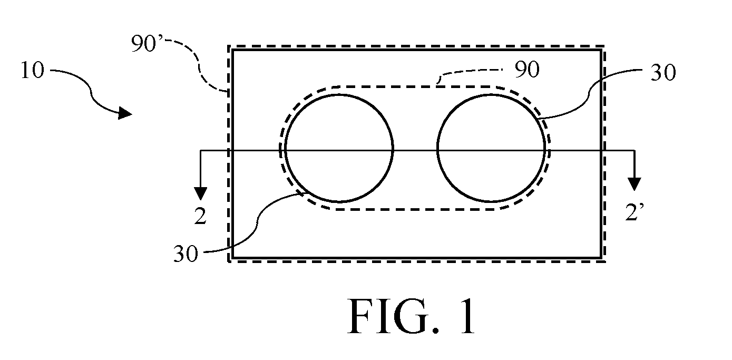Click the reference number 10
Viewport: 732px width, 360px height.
pos(32,70)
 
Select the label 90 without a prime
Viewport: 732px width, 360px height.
pos(527,70)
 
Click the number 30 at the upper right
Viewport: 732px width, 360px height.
pos(663,73)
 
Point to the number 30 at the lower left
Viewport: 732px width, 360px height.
pos(186,254)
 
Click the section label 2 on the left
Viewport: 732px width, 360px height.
pos(200,216)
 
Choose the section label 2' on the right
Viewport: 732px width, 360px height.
pos(635,212)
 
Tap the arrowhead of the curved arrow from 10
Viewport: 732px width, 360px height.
pos(125,113)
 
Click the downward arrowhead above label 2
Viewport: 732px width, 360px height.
pos(200,193)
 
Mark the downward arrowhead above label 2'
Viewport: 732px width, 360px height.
pos(635,184)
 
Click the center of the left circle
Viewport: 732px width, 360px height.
pos(339,149)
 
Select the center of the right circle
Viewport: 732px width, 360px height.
pos(491,149)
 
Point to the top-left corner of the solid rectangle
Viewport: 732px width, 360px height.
pos(232,50)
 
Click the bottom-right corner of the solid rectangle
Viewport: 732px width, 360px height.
pos(601,258)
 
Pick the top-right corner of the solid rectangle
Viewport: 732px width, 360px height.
pos(601,50)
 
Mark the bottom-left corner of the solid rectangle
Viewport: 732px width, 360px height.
pos(232,258)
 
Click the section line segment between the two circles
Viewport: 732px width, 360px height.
pos(415,150)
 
